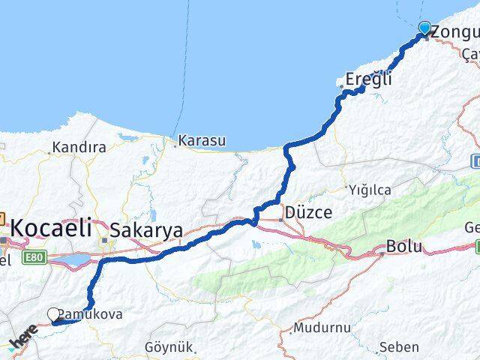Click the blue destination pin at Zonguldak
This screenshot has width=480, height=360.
coord(425,28)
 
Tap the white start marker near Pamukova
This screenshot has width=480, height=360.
coord(54,315)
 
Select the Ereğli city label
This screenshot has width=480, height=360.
coord(369,78)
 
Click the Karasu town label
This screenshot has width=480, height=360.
coord(203,139)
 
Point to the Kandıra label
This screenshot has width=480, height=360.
coord(78,148)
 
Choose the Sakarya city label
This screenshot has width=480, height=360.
coord(146,231)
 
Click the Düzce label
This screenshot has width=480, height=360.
coord(308,213)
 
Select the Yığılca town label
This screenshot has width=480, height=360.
coord(370,190)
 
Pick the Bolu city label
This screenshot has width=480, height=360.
coord(404,247)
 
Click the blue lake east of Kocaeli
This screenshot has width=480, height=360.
coord(73,259)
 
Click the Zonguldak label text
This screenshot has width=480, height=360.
coord(454,32)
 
